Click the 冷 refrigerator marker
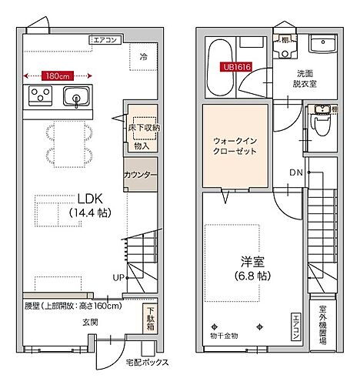tap(144, 55)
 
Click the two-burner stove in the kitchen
tap(40, 96)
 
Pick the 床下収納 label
tap(143, 127)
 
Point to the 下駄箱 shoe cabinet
tap(150, 318)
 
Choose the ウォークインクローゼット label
tap(235, 146)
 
